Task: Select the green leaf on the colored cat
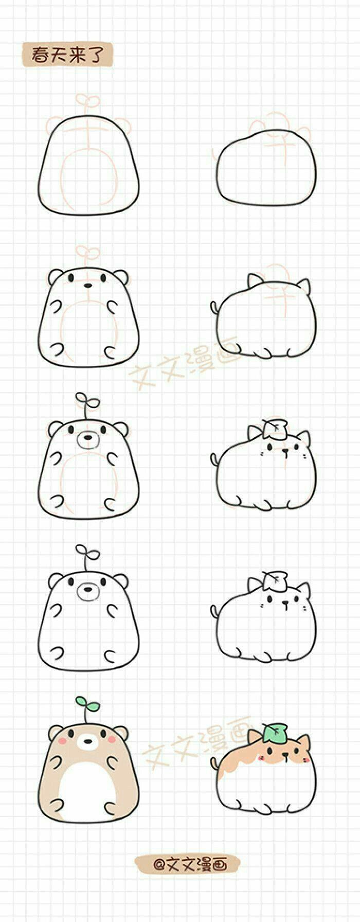click(275, 733)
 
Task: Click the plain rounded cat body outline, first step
click(266, 168)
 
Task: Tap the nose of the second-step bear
click(88, 285)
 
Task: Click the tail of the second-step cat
click(214, 308)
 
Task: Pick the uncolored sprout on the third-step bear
click(87, 405)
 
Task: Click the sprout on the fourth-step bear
click(87, 556)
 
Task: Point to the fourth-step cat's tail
click(214, 610)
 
